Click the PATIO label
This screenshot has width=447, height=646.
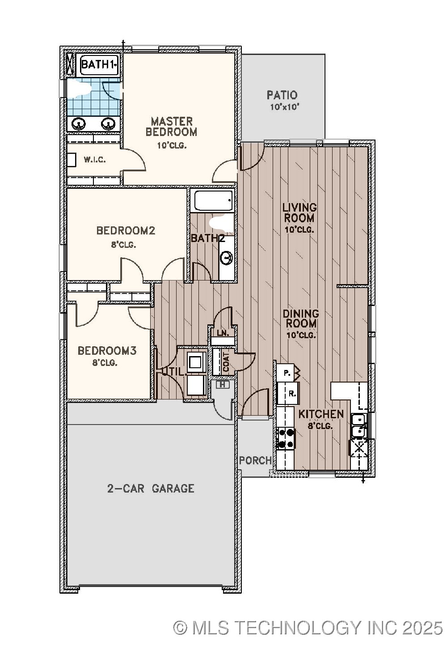pos(282,95)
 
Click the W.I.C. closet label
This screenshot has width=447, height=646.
pos(95,160)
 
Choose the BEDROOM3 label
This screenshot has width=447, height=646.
pos(107,351)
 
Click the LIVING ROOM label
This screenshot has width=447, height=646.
pos(299,213)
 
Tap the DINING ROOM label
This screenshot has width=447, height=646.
pos(301,319)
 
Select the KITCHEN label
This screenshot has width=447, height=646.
pos(321,414)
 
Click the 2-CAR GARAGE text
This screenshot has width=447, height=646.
pos(151,488)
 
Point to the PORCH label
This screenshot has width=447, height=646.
pos(255,460)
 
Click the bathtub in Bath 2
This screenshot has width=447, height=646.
pos(213,201)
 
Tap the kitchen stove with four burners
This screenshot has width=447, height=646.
pos(285,438)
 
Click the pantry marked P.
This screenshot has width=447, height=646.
pos(287,372)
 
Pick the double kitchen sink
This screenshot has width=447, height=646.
pos(358,425)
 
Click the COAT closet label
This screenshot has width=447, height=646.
pos(226,361)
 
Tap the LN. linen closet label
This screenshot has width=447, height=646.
pos(223,333)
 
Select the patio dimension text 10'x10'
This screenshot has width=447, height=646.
pos(284,107)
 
